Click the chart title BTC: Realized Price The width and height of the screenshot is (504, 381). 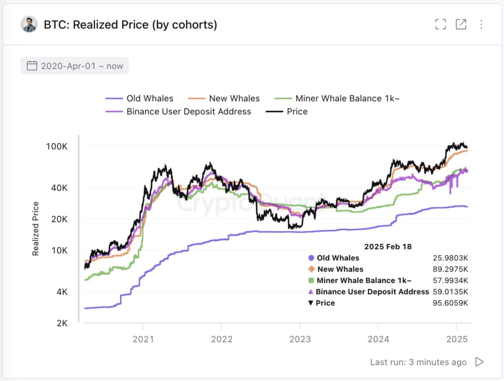(130, 24)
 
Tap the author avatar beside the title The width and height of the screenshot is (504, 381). (30, 24)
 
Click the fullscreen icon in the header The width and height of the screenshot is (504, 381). (441, 24)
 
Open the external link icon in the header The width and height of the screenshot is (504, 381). (461, 24)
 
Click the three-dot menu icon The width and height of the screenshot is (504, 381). (481, 24)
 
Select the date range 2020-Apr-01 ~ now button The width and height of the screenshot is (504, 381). (75, 66)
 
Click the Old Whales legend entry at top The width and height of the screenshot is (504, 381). (140, 98)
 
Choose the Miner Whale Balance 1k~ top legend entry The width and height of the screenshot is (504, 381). (337, 98)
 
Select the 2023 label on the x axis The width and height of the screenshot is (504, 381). (300, 339)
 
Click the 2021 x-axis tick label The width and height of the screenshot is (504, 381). (143, 339)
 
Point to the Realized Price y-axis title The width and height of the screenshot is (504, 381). (35, 229)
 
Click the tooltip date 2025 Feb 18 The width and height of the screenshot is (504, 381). (388, 246)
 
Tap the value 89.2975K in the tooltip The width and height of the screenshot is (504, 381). (449, 269)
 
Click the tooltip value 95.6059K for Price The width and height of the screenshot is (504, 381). (449, 303)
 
